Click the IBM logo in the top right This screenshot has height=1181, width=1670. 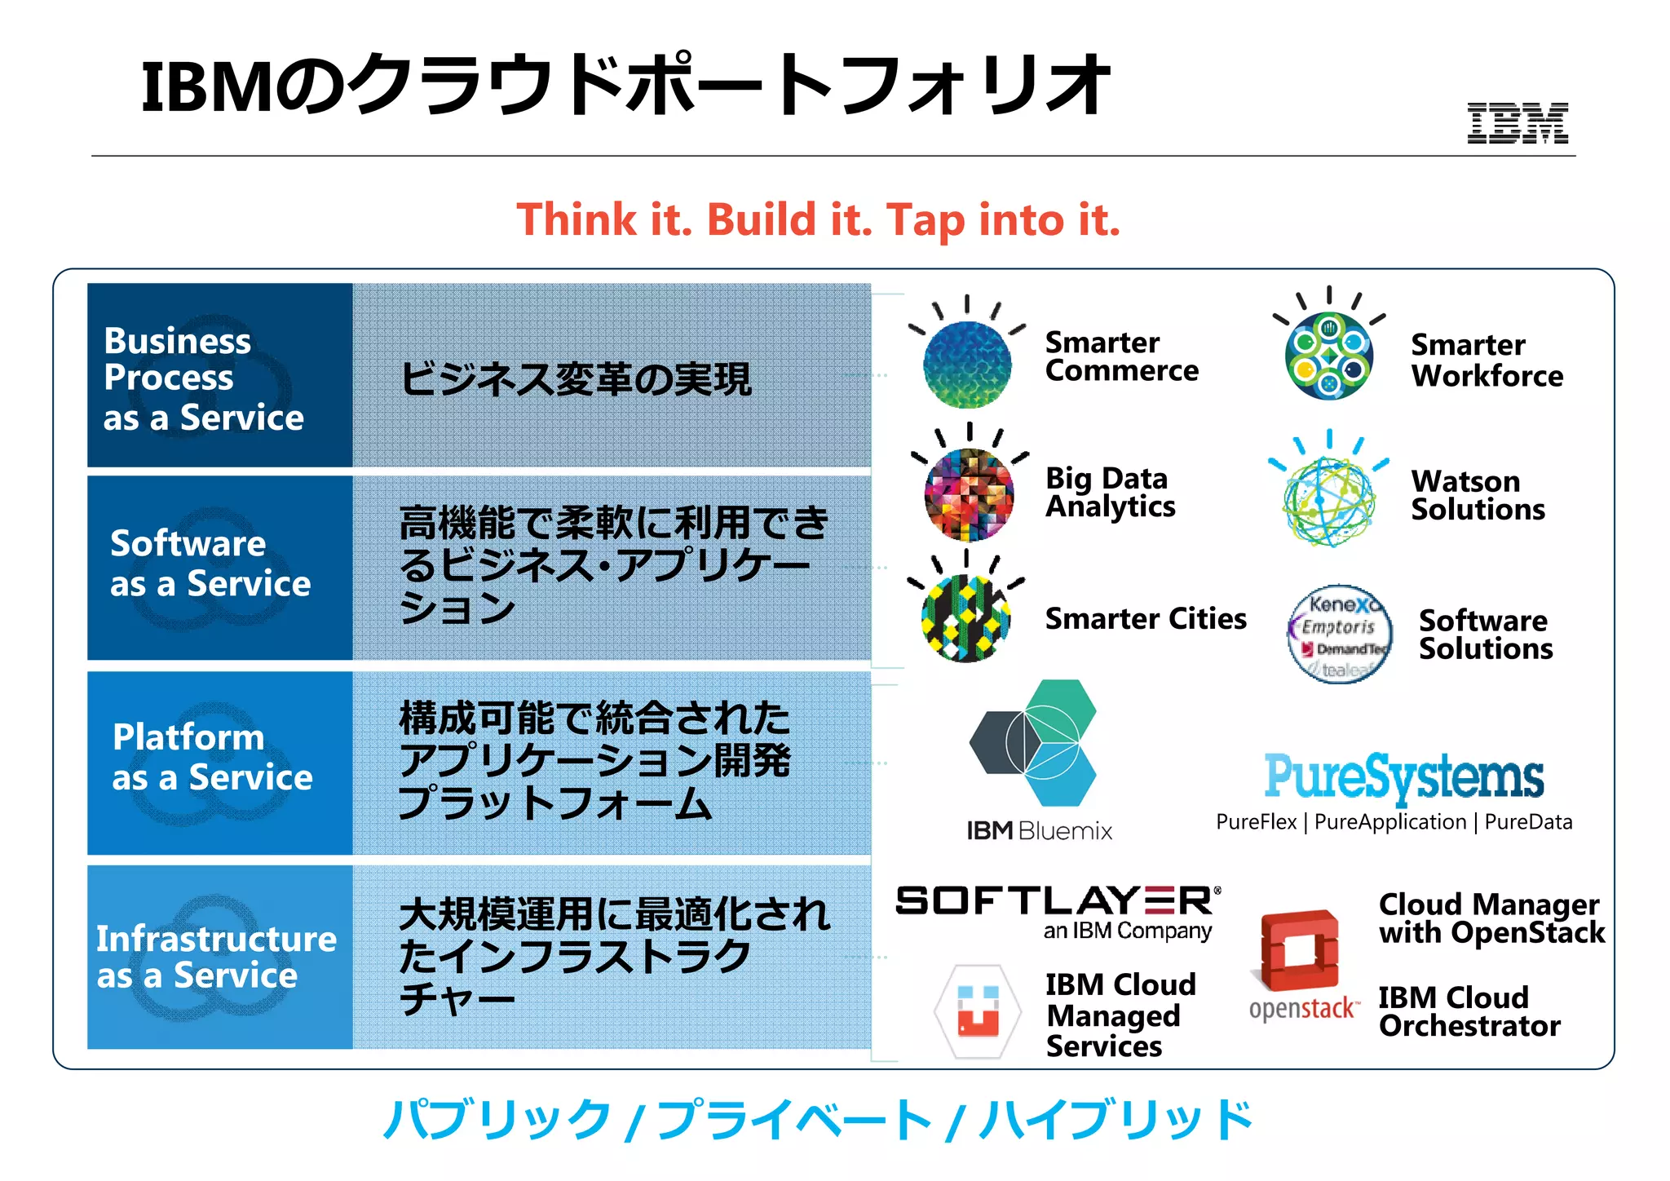[1518, 123]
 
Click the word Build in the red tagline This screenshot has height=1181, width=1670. [761, 220]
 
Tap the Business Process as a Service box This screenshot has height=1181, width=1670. [219, 376]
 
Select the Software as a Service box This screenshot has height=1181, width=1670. [219, 568]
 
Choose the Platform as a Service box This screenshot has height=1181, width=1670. [219, 763]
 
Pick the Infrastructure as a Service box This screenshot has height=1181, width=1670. [219, 957]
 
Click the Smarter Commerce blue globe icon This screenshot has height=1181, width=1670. [967, 364]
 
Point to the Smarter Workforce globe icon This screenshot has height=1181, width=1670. [1329, 356]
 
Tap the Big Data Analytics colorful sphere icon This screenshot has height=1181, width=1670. [969, 494]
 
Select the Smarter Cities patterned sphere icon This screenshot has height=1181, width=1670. [966, 617]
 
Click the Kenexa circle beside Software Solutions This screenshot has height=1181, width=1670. [1339, 634]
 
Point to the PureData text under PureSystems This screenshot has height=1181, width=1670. [1528, 822]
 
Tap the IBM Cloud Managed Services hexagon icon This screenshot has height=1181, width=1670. [978, 1012]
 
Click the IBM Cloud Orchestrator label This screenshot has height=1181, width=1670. [1469, 1012]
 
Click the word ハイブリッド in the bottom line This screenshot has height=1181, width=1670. [1116, 1120]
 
